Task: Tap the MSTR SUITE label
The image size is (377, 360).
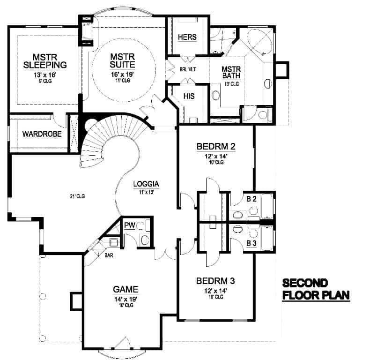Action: pyautogui.click(x=123, y=60)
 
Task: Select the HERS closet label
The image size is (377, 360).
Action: pyautogui.click(x=187, y=37)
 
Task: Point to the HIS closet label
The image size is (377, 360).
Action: pyautogui.click(x=189, y=96)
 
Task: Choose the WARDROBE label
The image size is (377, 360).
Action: pyautogui.click(x=42, y=135)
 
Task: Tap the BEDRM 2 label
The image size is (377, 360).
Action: pyautogui.click(x=215, y=146)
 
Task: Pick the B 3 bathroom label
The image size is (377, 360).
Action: pyautogui.click(x=251, y=243)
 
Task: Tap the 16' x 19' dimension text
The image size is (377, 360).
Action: pyautogui.click(x=123, y=74)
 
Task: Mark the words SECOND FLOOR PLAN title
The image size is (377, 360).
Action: pyautogui.click(x=316, y=290)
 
